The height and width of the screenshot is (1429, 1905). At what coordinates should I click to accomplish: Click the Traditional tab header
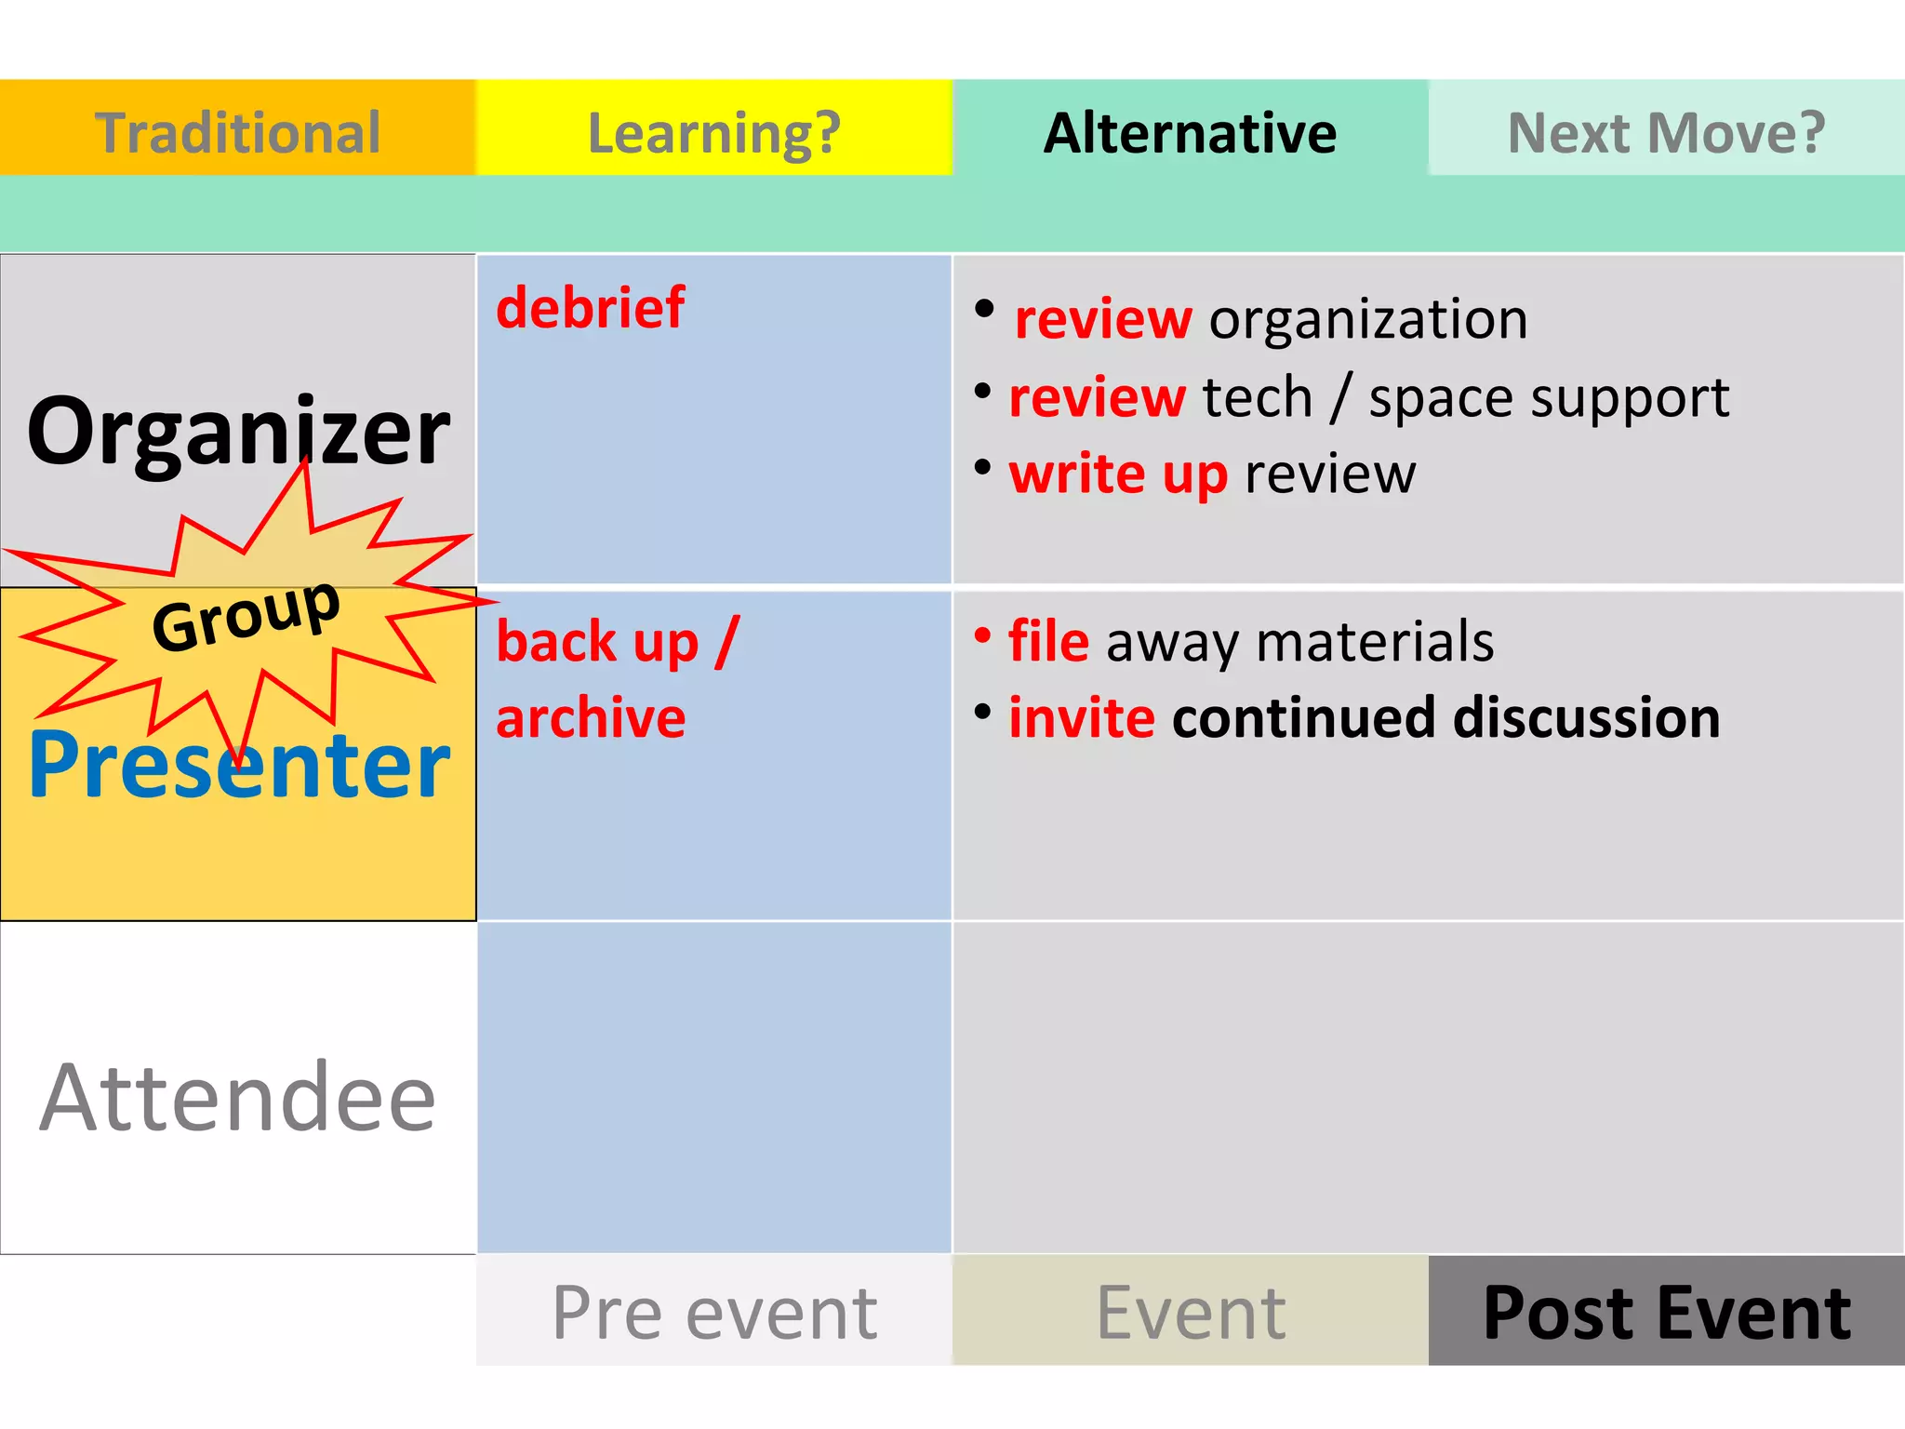pos(237,132)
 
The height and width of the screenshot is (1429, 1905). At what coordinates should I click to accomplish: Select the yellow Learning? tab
pos(713,132)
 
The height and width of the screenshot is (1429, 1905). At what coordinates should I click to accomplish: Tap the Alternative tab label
pos(1190,132)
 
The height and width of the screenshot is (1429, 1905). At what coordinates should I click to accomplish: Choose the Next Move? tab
pos(1666,132)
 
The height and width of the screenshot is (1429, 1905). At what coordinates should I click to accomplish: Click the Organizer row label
pos(238,431)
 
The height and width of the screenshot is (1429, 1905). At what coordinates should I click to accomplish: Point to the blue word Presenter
pos(239,766)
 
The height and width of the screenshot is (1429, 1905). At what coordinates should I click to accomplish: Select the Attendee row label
pos(238,1098)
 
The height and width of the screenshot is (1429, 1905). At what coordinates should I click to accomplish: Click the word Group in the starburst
pos(246,615)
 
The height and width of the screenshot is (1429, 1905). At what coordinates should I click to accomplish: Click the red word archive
pos(591,718)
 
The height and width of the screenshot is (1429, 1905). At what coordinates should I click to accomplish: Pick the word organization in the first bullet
pos(1368,320)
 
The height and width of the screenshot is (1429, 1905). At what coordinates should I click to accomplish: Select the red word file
pos(1048,641)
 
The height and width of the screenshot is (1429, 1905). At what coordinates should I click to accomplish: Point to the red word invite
pos(1082,718)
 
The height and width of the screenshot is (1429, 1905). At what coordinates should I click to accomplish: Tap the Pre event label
pos(713,1313)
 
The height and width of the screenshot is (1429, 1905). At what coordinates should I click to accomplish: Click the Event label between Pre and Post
pos(1190,1313)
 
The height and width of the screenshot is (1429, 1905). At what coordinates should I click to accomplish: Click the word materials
pos(1375,641)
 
